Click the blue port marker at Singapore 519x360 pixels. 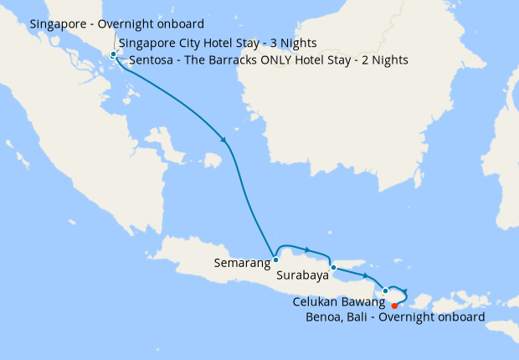pos(113,55)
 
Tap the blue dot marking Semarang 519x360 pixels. pos(275,260)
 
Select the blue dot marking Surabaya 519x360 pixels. pos(333,268)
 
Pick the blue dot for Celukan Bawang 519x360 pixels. pos(385,291)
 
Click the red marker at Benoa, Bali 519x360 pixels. pos(394,306)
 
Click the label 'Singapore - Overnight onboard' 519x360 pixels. pos(116,24)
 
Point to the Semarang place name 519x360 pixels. pos(242,263)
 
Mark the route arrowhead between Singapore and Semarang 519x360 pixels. pos(223,139)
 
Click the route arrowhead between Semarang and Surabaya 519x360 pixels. pos(307,249)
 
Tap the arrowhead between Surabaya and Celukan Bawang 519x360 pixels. pos(366,275)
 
